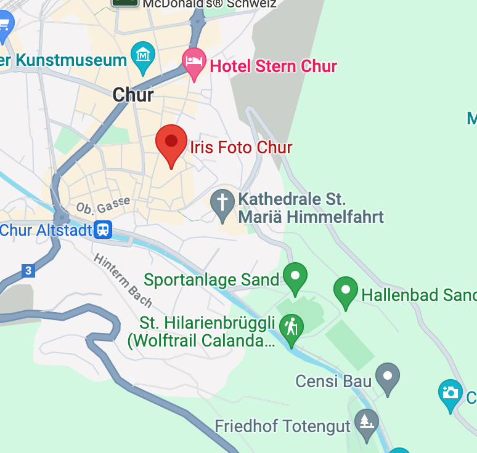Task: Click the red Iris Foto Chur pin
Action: (x=171, y=142)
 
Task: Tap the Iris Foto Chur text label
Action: (x=241, y=148)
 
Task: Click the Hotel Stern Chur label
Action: (x=274, y=66)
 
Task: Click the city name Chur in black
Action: (x=133, y=95)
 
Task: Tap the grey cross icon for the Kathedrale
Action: (x=222, y=204)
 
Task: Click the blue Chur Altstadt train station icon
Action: (x=103, y=230)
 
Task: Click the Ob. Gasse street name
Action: (x=103, y=204)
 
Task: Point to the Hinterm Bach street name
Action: (x=123, y=279)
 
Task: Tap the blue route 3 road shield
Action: (x=27, y=270)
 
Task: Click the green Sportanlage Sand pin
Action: (x=295, y=277)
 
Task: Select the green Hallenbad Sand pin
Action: (x=346, y=291)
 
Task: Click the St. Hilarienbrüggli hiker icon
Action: (x=291, y=327)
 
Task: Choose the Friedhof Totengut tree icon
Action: (x=366, y=422)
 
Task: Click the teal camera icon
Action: (x=450, y=393)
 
